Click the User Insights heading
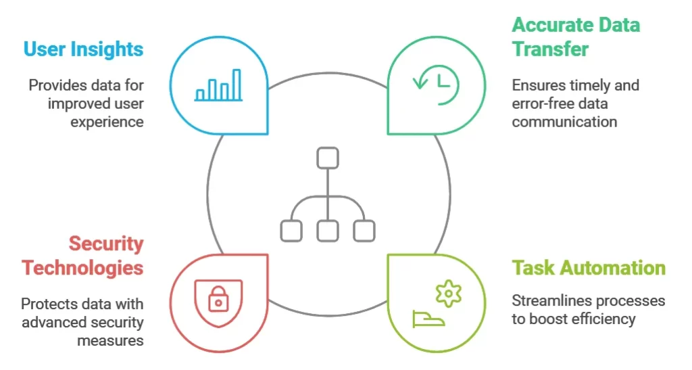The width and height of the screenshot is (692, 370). click(83, 49)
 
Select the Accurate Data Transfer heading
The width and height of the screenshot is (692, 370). click(576, 37)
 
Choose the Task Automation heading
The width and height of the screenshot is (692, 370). click(588, 267)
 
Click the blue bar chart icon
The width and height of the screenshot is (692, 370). click(218, 85)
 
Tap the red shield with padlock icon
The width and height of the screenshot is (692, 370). click(218, 297)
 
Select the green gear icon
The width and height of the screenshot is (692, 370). click(448, 293)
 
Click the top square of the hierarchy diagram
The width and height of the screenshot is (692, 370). click(327, 158)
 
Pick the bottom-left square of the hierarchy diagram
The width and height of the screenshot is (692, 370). click(291, 230)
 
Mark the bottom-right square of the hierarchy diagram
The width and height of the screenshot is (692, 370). click(364, 230)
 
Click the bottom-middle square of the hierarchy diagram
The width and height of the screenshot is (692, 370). click(327, 230)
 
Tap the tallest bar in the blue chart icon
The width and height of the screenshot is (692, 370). click(237, 85)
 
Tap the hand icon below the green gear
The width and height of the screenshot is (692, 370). click(428, 318)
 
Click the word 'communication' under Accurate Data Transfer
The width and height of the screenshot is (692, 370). click(564, 122)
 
